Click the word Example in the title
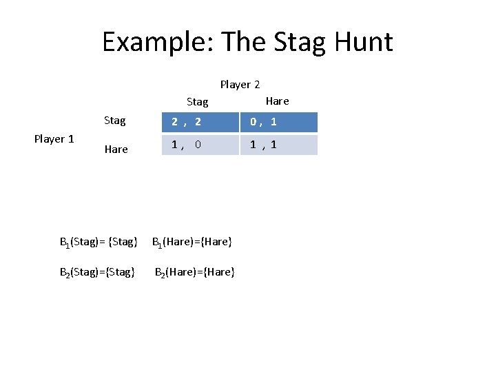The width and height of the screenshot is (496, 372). tap(158, 42)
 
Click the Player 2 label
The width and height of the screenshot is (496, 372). tap(240, 85)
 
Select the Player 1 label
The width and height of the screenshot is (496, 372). tap(54, 139)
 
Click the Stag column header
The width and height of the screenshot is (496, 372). tap(197, 102)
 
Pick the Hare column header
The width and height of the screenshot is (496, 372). tap(277, 101)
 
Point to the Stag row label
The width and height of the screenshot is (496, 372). tap(115, 121)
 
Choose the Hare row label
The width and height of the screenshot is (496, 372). tap(116, 149)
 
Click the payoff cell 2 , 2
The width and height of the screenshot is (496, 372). tap(200, 122)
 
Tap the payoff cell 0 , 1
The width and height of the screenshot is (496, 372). tap(278, 122)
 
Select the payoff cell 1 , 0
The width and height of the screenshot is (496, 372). tap(200, 145)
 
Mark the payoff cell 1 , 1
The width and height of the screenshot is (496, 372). tap(278, 145)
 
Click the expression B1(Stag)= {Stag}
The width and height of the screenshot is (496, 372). tap(99, 242)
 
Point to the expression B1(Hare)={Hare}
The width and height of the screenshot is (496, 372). tap(192, 242)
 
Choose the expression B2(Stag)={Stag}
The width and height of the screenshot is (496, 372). tap(97, 272)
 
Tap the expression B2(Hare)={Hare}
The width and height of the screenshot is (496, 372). tap(195, 272)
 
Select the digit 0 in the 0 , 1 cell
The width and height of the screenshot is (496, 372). tap(254, 122)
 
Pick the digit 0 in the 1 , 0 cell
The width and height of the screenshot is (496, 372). tap(198, 145)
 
